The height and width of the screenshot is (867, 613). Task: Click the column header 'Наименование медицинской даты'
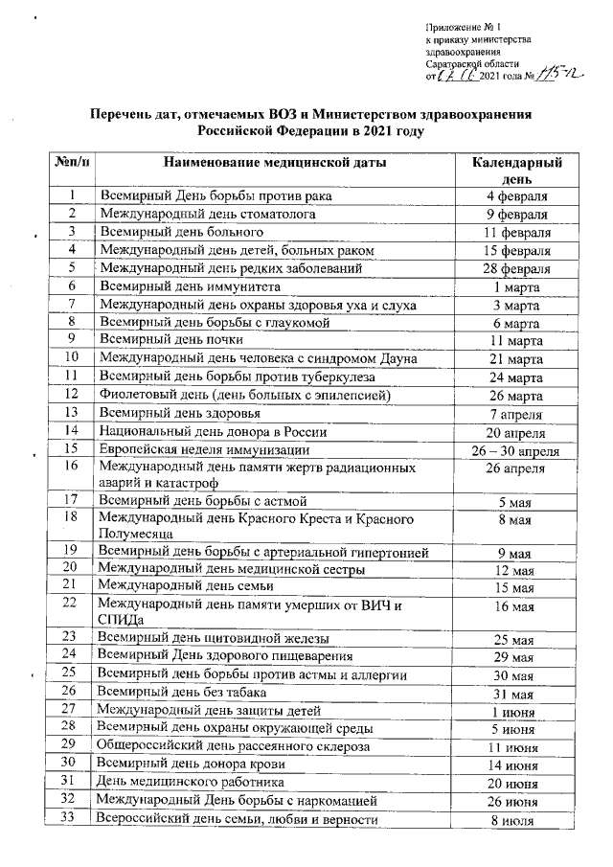274,164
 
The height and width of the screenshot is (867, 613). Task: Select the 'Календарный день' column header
516,171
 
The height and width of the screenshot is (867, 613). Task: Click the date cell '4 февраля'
516,196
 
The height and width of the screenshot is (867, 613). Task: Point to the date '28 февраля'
516,268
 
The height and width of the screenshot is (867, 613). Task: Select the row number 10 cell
70,358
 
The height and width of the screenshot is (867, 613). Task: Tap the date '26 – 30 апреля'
516,449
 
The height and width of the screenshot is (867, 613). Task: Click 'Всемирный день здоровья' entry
181,414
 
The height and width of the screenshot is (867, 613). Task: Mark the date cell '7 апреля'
516,414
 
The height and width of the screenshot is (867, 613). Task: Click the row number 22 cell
70,603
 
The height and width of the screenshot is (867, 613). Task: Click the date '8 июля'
516,819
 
